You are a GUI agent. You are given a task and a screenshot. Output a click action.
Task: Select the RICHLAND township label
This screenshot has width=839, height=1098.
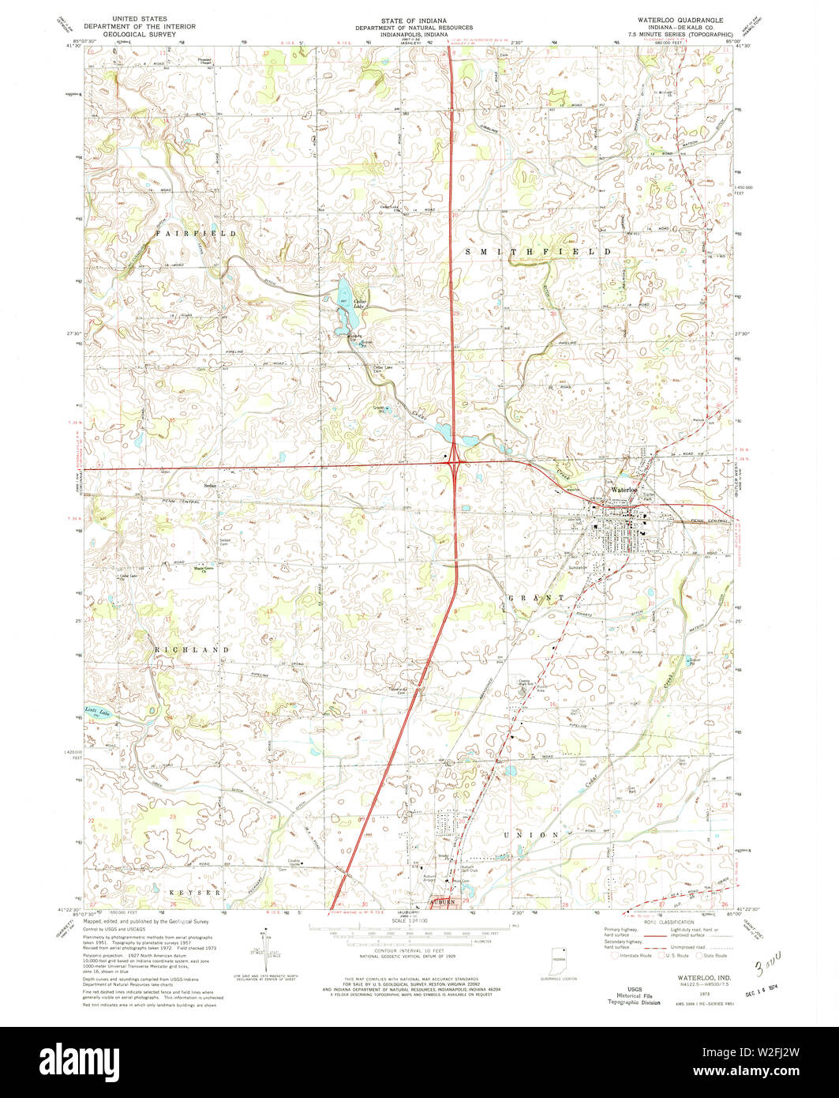tap(192, 649)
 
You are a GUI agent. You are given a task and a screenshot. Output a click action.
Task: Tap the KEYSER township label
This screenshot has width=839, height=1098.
tap(194, 892)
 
